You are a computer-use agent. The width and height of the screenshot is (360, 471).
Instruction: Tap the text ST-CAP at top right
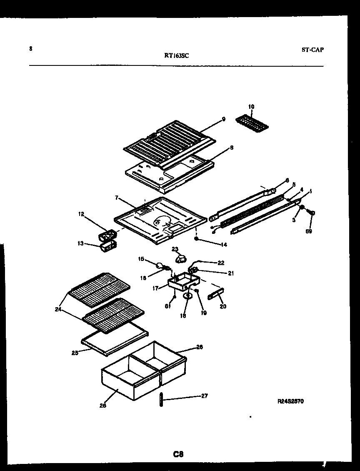click(312, 50)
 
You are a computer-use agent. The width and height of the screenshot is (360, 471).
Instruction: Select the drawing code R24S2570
click(290, 402)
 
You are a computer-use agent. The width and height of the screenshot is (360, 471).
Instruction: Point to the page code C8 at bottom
click(178, 454)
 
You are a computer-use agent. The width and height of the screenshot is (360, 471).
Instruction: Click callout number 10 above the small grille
click(251, 107)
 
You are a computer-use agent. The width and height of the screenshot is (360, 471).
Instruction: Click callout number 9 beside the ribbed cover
click(223, 119)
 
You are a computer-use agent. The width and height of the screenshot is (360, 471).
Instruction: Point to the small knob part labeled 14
click(196, 239)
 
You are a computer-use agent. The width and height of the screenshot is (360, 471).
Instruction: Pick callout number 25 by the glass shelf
click(75, 353)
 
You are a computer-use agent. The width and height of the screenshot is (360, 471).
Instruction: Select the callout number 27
click(204, 396)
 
